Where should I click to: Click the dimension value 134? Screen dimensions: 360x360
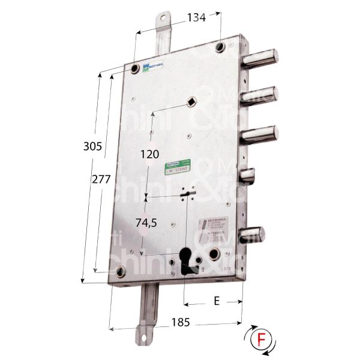196,17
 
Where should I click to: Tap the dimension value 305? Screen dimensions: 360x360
92,145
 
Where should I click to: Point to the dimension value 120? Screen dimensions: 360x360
149,154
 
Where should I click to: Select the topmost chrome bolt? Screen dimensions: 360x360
262,59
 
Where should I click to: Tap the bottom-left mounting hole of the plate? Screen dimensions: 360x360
120,272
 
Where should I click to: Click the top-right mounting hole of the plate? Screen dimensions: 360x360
222,47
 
